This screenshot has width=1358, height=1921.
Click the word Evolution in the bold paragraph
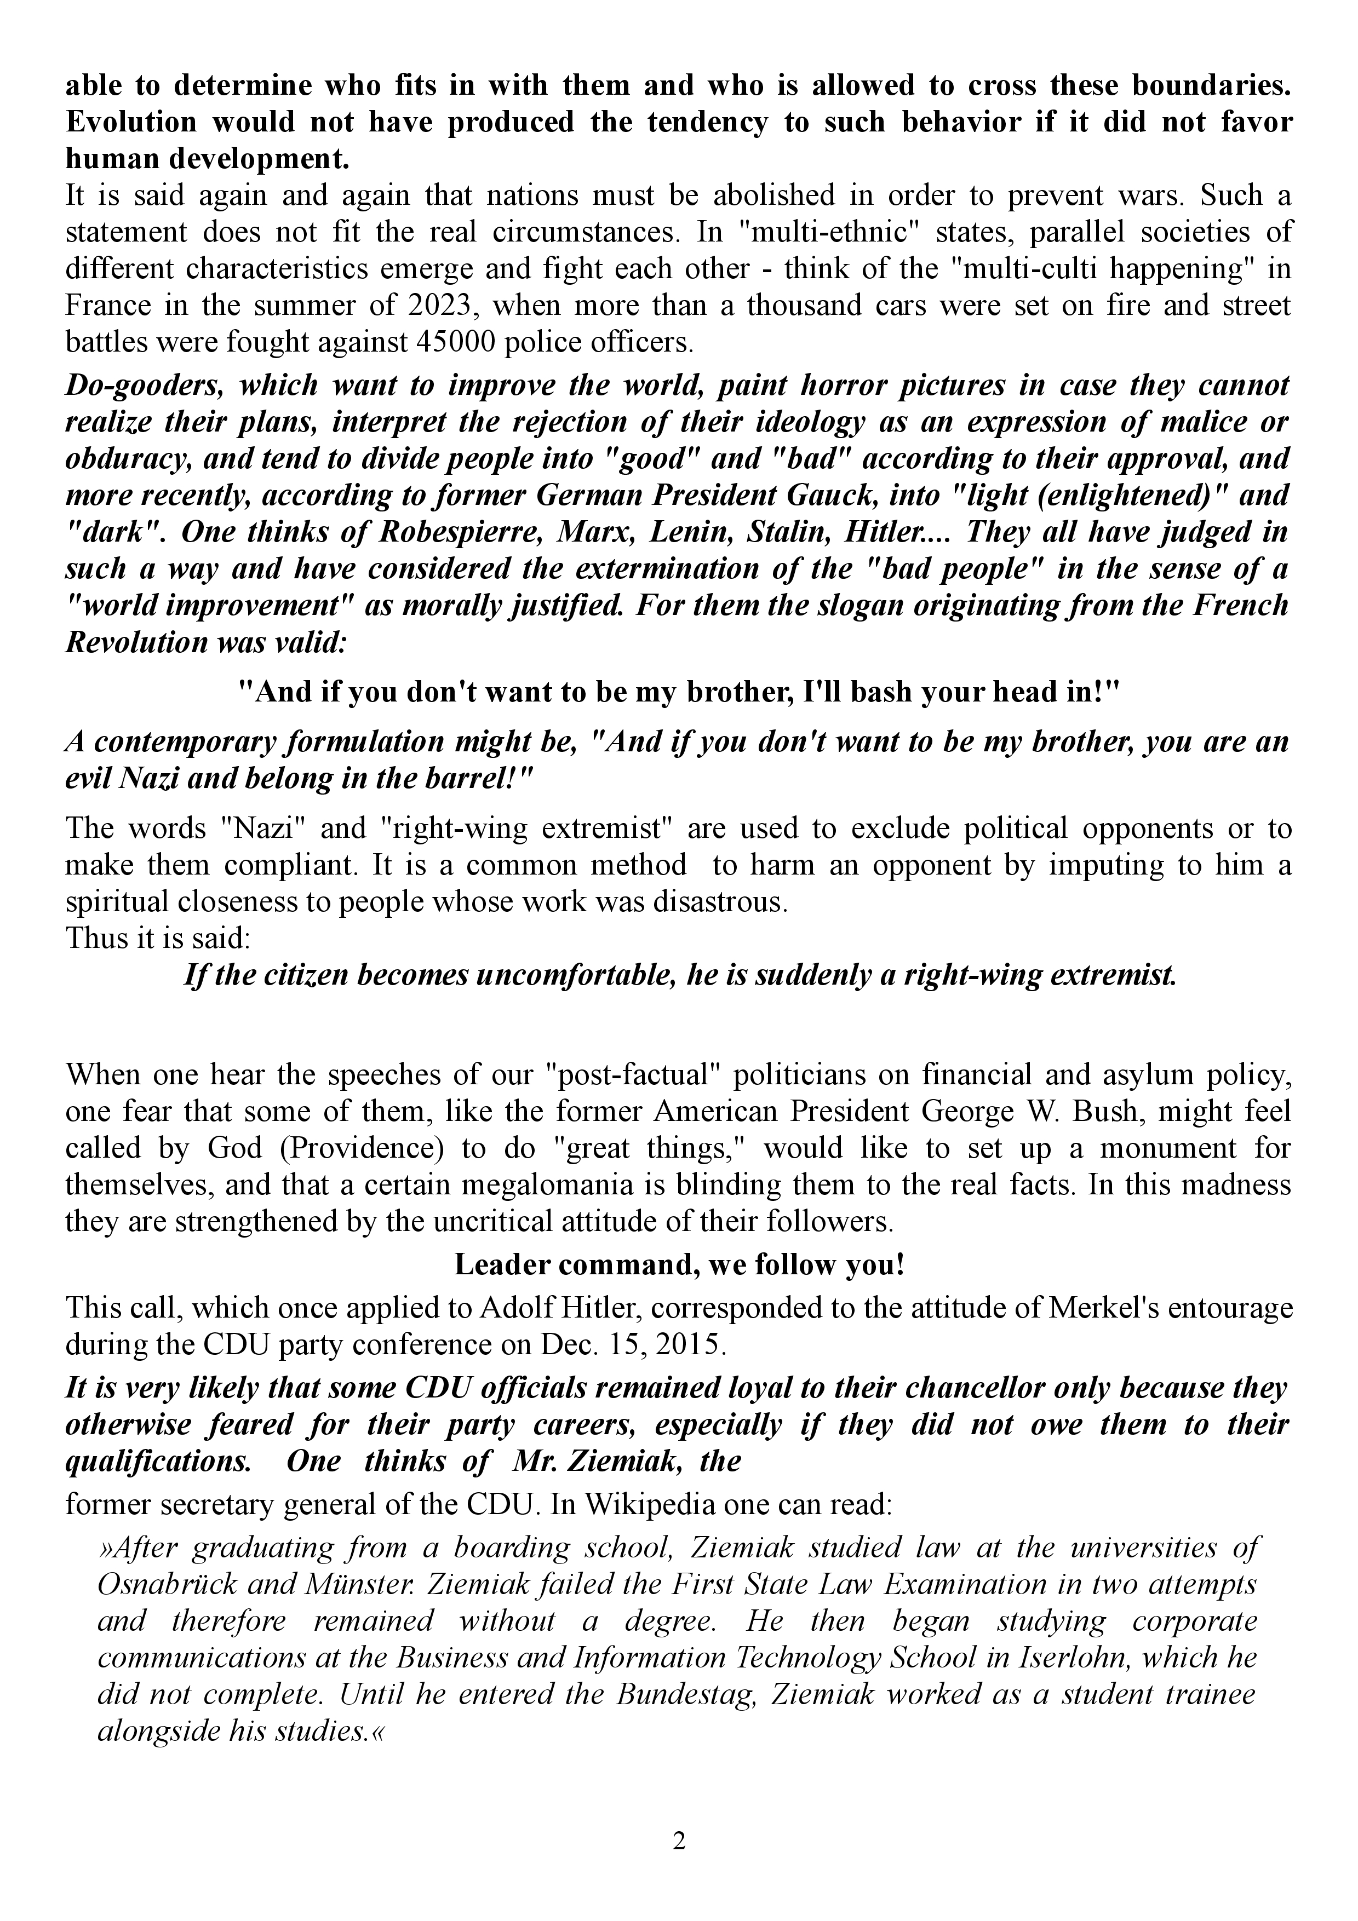[x=128, y=122]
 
